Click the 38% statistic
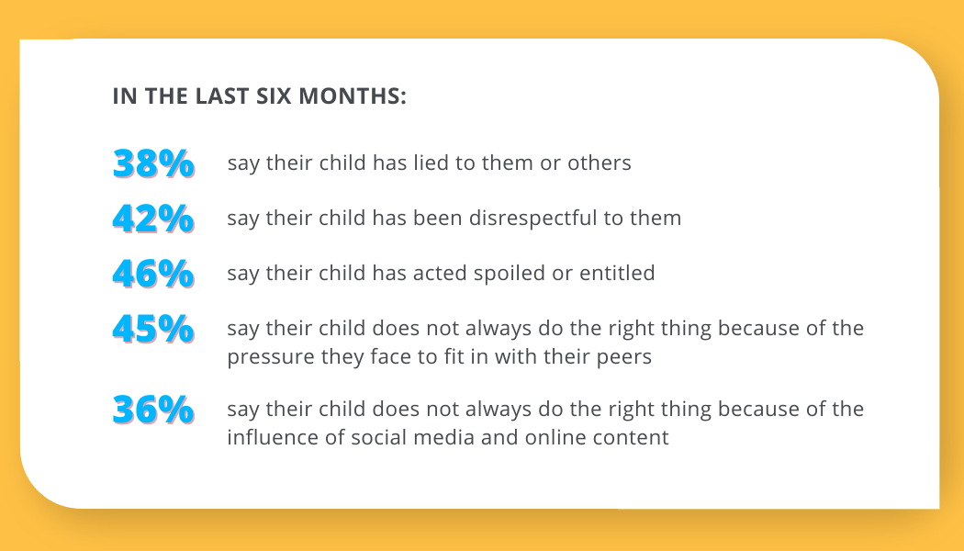tap(153, 163)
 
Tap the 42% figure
tap(153, 219)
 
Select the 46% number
tap(153, 274)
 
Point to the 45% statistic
tap(153, 329)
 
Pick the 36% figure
tap(153, 410)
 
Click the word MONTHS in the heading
tap(353, 96)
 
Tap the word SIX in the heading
tap(274, 96)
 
